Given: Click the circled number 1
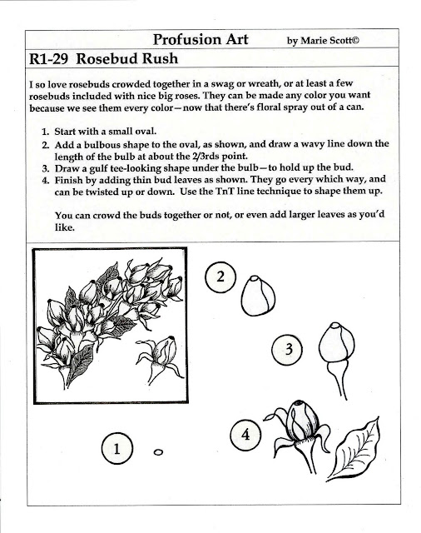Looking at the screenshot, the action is [x=116, y=449].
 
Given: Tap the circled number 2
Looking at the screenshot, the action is [x=220, y=276].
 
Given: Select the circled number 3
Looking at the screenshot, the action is [x=287, y=349].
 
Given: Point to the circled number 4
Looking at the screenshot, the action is [x=245, y=435].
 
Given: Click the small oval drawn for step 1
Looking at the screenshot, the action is [x=158, y=451].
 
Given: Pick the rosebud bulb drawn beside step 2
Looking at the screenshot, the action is [x=258, y=296].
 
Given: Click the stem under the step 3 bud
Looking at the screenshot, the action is [x=339, y=380].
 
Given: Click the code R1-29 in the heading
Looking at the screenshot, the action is [x=48, y=59].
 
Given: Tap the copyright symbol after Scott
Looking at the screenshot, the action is [x=354, y=41].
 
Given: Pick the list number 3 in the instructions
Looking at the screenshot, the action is [x=46, y=168].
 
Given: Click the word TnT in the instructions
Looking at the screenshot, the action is [x=224, y=191].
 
